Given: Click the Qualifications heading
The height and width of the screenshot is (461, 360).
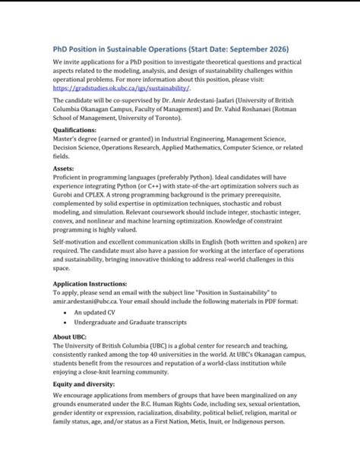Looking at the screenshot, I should [80, 130].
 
